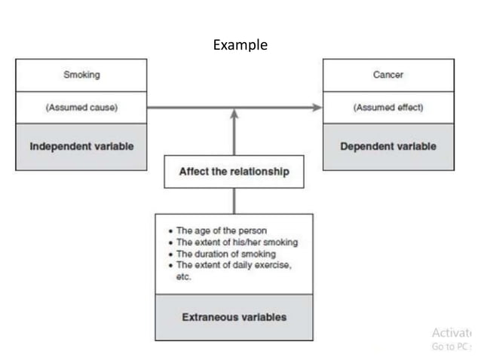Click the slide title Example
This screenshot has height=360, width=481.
click(x=240, y=45)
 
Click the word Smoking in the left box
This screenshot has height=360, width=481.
click(x=81, y=75)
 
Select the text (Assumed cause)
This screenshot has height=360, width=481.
click(x=81, y=108)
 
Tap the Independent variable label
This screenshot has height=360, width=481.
click(x=81, y=146)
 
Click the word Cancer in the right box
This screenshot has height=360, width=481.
click(x=388, y=75)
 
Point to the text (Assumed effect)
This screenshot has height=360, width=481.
click(x=388, y=108)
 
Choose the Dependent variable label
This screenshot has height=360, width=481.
click(x=388, y=146)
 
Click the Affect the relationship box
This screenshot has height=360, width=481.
click(x=234, y=172)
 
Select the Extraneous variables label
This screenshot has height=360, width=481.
click(x=234, y=317)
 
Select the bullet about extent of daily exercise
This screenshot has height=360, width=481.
click(x=233, y=265)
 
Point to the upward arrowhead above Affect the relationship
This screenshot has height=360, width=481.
click(x=234, y=114)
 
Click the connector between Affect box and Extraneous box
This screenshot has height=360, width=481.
click(x=234, y=200)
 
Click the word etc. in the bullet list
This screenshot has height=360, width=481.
click(x=184, y=276)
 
